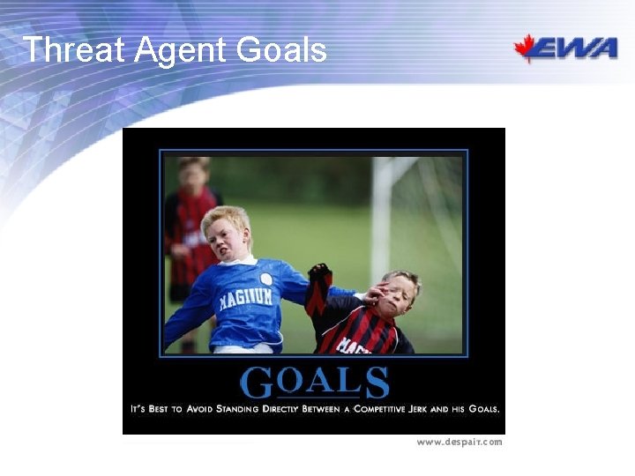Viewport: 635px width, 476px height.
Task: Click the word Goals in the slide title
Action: click(281, 50)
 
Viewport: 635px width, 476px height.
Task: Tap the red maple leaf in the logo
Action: click(527, 48)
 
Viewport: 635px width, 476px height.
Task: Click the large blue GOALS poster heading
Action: click(314, 383)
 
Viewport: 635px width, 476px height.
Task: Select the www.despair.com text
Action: click(459, 442)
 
